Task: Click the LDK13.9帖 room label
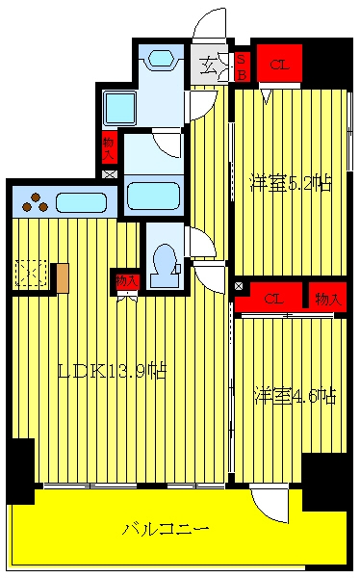click(113, 371)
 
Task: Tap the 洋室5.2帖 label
click(291, 183)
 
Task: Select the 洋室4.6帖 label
click(296, 396)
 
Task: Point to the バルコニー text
click(166, 529)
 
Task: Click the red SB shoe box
click(243, 66)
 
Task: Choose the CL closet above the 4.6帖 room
click(273, 299)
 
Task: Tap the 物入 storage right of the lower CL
click(327, 298)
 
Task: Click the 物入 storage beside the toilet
click(127, 281)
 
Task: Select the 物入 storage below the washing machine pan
click(109, 147)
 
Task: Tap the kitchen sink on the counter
click(81, 202)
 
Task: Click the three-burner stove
click(36, 202)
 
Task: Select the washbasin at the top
click(161, 58)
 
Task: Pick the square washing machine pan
click(119, 108)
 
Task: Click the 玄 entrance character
click(208, 66)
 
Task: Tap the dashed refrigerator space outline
click(31, 274)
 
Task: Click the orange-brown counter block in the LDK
click(63, 278)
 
